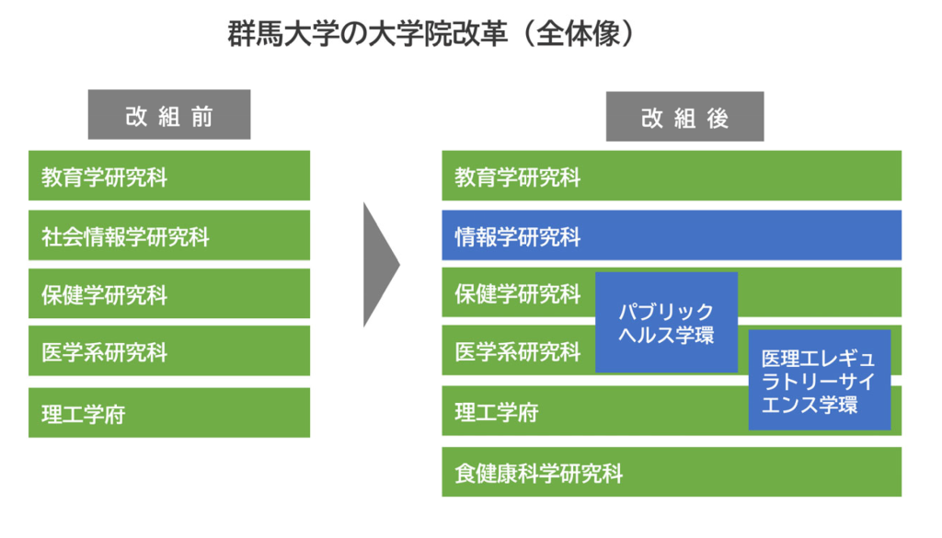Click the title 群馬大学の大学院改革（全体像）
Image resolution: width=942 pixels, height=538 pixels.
click(x=431, y=34)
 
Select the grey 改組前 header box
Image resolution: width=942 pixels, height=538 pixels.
click(x=169, y=115)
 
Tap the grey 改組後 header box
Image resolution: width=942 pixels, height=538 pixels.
click(x=684, y=117)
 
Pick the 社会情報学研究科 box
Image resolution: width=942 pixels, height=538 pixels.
click(x=169, y=235)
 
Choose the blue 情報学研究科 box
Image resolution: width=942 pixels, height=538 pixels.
click(x=672, y=235)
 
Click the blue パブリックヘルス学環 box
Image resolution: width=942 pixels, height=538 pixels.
click(x=666, y=323)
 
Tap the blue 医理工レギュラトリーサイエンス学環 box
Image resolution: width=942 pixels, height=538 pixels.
click(x=820, y=380)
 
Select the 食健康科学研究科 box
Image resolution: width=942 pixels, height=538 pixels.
click(x=672, y=472)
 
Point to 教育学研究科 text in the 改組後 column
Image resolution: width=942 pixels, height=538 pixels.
click(x=518, y=177)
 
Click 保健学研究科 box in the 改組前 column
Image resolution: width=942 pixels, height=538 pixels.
click(x=169, y=293)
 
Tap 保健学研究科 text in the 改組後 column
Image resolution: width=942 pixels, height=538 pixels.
click(x=518, y=294)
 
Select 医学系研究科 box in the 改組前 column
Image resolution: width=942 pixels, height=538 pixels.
click(x=169, y=351)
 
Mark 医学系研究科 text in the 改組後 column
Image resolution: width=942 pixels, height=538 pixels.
click(x=518, y=352)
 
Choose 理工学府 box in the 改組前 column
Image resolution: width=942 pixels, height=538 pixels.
click(x=169, y=413)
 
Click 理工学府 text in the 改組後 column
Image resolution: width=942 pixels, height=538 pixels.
click(x=497, y=413)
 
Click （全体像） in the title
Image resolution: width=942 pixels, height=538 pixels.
click(x=578, y=34)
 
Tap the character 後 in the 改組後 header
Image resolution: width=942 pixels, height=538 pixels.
click(x=718, y=119)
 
